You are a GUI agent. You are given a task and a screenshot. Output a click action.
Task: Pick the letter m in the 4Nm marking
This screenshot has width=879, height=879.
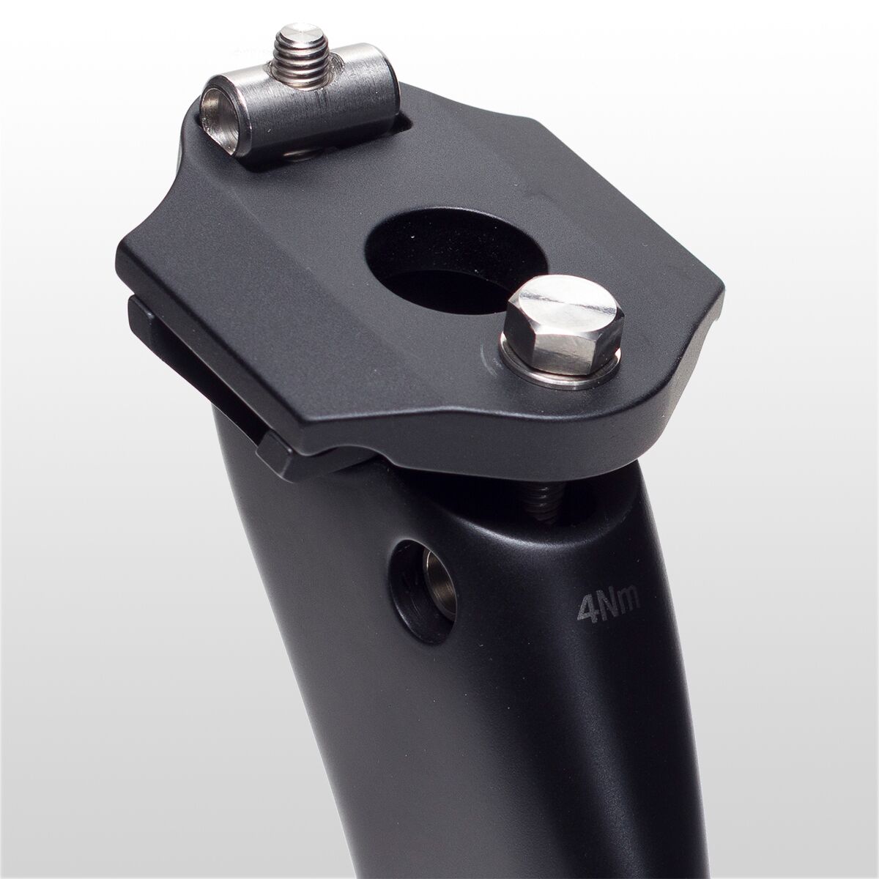(629, 602)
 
